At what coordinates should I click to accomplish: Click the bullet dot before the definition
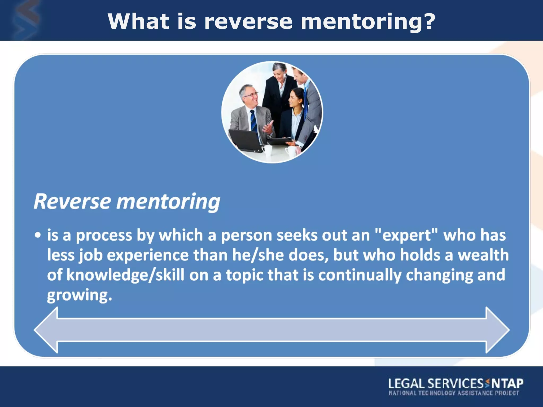tap(38, 235)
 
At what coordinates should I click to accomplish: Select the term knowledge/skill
tap(125, 275)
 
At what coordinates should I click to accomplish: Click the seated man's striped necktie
tap(254, 121)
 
